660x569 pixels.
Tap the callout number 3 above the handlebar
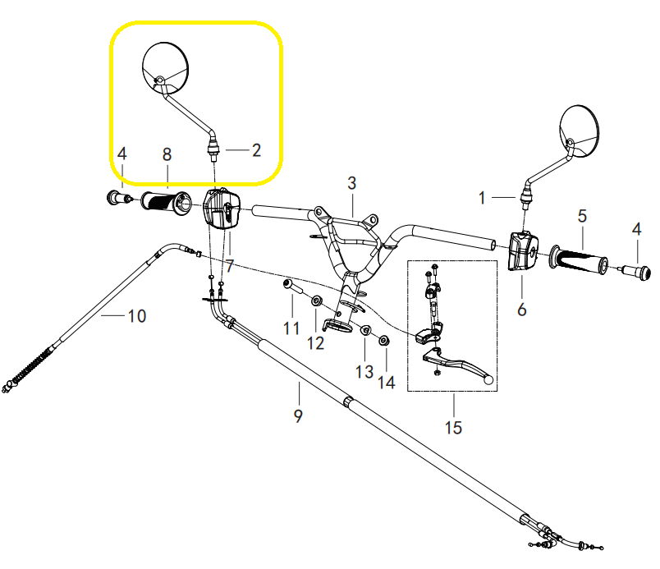(351, 182)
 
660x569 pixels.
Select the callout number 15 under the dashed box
(452, 428)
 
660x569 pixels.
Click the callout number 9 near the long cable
(298, 415)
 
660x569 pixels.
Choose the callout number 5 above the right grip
(582, 217)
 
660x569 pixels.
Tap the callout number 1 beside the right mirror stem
(483, 197)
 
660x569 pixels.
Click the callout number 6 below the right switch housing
(522, 310)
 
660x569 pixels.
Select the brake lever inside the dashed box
(460, 365)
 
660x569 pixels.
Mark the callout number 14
(386, 383)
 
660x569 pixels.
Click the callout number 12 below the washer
(316, 342)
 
